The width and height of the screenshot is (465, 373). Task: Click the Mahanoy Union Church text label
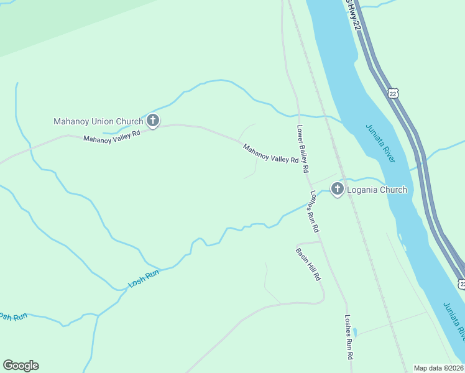point(98,121)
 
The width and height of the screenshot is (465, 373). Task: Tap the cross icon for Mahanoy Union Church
point(153,121)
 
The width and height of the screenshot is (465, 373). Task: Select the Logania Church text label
point(377,190)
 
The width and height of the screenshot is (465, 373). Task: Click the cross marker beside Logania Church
point(338,189)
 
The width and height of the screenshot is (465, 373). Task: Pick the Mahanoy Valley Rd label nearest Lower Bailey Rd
point(271,154)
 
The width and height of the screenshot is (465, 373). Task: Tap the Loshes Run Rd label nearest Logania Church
point(315,211)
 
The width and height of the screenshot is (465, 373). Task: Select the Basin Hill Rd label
point(308,264)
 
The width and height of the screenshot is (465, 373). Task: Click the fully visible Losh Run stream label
point(144,278)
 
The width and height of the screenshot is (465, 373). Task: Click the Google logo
point(21,366)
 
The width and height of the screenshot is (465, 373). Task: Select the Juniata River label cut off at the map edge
point(454,320)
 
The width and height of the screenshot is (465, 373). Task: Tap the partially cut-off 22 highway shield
point(461,283)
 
